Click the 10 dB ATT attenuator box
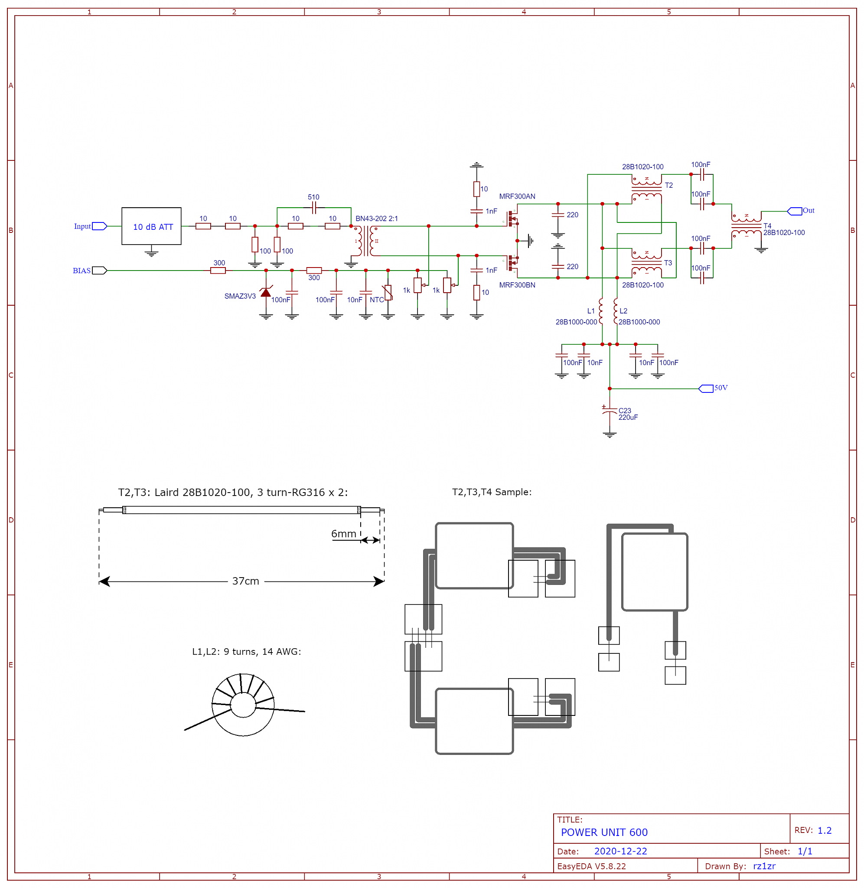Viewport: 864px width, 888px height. point(151,226)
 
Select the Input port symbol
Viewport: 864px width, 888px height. point(99,226)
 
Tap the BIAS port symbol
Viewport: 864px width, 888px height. point(99,271)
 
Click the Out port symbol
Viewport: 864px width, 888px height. point(794,211)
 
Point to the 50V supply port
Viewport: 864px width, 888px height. point(706,388)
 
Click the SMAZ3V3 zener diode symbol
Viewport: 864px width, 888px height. point(266,292)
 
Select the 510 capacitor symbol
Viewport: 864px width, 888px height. point(313,208)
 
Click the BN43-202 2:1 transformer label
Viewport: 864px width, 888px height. point(377,218)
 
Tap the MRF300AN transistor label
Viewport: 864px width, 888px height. point(517,196)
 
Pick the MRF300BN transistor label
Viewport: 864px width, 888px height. point(517,285)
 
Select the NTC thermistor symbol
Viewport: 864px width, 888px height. point(388,292)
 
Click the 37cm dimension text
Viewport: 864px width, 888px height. point(245,581)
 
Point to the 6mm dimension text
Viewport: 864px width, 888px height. point(343,534)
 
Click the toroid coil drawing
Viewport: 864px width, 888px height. point(243,705)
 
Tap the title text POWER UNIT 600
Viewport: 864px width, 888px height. point(604,832)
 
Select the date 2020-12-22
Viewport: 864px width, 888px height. point(620,851)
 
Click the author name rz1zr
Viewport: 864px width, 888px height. point(764,866)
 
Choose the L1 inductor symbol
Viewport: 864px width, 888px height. point(601,311)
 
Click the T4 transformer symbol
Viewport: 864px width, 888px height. point(746,225)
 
